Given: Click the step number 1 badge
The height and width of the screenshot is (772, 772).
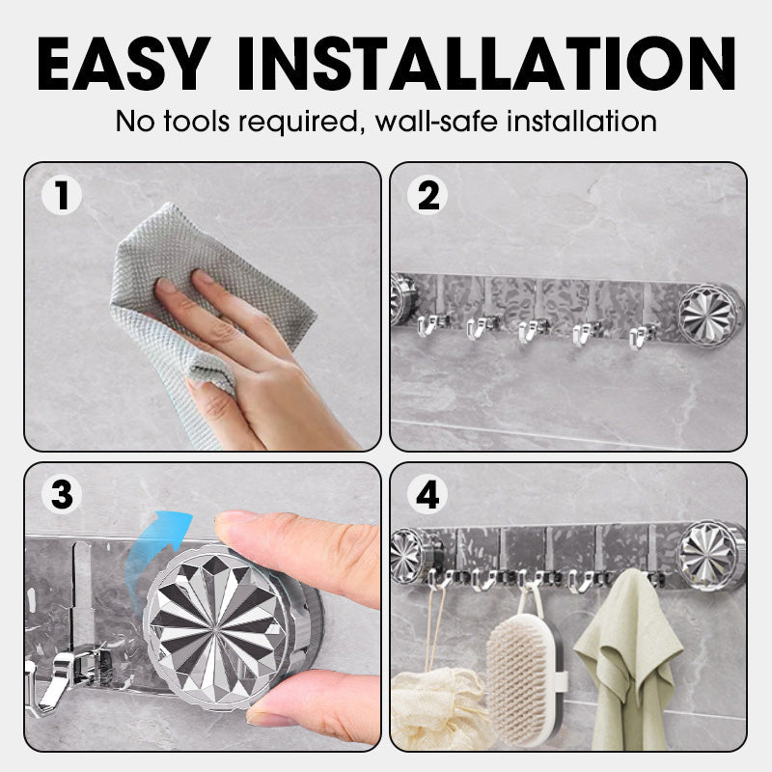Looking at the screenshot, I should click(63, 196).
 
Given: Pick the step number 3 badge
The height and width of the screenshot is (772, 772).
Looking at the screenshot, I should click(63, 496).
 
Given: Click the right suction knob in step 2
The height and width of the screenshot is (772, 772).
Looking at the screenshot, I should click(709, 314).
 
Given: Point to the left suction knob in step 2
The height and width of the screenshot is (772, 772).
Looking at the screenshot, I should click(401, 299).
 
